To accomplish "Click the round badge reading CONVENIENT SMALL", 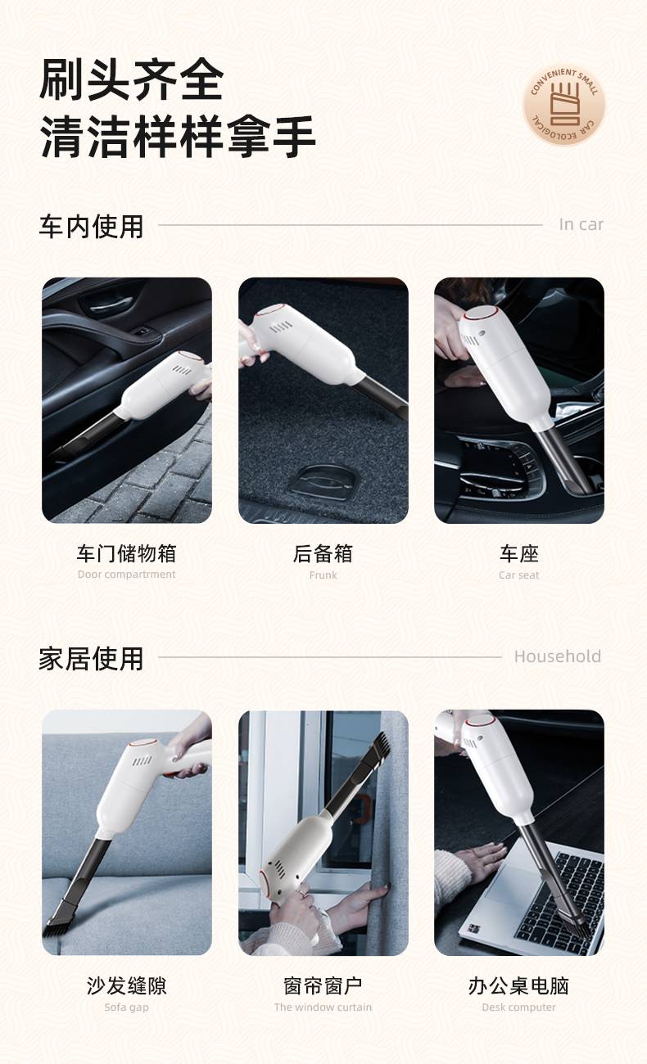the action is coord(563,105).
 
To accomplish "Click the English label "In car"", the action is coord(581,224).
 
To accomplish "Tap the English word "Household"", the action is coord(557,656).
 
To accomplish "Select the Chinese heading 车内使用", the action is coord(91,226).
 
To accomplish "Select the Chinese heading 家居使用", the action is coord(91,658).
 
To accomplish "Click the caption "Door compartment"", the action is coord(126,575).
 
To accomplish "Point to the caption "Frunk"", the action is coord(323,575).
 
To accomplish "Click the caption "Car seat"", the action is coord(518,575).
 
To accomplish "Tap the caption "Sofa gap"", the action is coord(126,1007).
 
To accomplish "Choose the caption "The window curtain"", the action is coord(323,1007).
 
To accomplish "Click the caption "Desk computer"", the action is coord(518,1007).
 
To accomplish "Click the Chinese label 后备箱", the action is coord(323,553).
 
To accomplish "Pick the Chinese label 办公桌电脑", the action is coord(518,985).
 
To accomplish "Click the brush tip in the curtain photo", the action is coord(380,746).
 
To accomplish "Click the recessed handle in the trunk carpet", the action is coord(323,481).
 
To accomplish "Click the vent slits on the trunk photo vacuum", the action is coord(282,327).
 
